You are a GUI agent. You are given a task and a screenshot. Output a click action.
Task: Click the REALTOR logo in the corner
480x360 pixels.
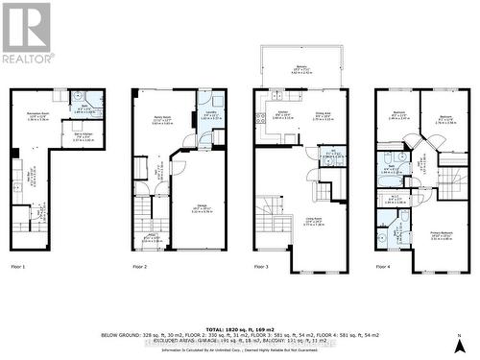[27, 34]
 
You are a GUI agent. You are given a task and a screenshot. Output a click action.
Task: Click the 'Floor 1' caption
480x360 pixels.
[19, 265]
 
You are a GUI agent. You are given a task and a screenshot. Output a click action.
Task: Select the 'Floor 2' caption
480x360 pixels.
[139, 265]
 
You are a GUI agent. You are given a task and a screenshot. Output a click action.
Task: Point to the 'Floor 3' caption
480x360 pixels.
[262, 265]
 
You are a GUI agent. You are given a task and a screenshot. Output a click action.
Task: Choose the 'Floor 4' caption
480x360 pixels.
[382, 265]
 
